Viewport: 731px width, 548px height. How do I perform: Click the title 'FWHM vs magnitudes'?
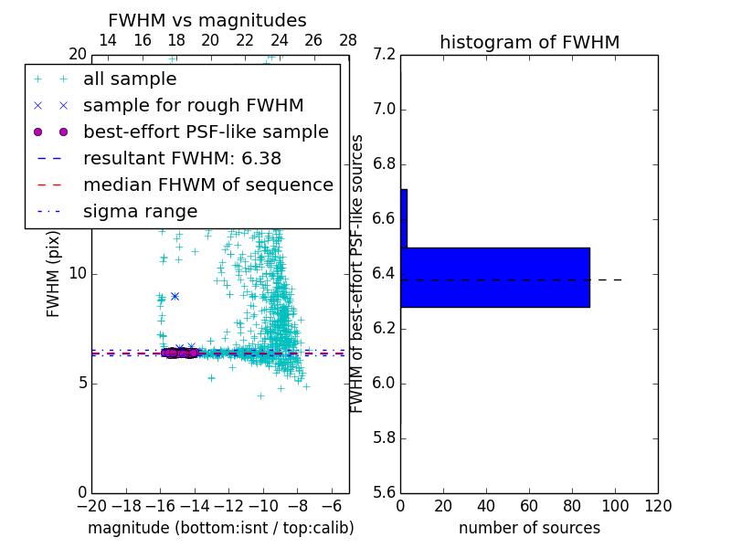click(x=207, y=20)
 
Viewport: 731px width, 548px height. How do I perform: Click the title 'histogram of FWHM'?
click(x=529, y=42)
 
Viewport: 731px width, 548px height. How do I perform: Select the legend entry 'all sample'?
click(x=130, y=79)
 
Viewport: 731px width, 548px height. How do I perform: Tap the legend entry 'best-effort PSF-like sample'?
click(x=206, y=132)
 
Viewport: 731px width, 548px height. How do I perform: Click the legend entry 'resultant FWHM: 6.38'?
click(x=182, y=159)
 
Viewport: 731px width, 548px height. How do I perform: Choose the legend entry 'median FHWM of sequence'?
click(x=207, y=185)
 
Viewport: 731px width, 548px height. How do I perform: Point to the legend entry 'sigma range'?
click(x=140, y=212)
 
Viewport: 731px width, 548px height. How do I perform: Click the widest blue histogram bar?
click(x=495, y=277)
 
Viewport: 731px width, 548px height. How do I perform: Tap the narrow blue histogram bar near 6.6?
click(x=404, y=218)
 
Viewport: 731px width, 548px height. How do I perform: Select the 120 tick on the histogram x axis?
click(x=658, y=507)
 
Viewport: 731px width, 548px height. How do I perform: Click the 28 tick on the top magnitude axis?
click(x=348, y=40)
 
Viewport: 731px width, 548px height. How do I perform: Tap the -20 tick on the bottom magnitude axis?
click(x=91, y=507)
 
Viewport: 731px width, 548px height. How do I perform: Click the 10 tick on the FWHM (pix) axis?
click(x=77, y=273)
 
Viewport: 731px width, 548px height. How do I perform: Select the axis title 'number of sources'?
click(x=529, y=528)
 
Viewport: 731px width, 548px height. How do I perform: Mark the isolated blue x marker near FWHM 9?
click(x=175, y=296)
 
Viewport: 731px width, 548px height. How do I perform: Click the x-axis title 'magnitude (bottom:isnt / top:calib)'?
click(x=220, y=528)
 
